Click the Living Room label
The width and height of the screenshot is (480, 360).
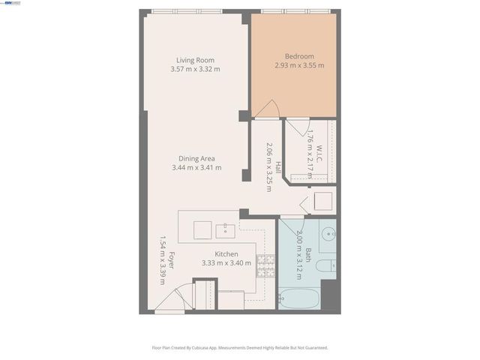(x=195, y=60)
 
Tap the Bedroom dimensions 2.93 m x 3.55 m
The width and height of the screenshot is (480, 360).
(x=299, y=65)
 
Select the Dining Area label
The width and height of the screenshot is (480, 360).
(x=196, y=158)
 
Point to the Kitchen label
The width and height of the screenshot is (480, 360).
(x=226, y=254)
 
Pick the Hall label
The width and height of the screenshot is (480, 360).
(x=277, y=167)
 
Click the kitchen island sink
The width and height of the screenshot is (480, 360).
(x=225, y=229)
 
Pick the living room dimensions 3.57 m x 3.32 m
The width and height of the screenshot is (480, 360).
(x=195, y=69)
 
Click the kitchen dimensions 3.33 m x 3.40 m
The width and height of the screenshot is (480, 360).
(x=226, y=263)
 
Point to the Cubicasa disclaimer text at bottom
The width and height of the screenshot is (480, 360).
(x=240, y=348)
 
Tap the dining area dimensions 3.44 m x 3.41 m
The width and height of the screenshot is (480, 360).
(x=196, y=167)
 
